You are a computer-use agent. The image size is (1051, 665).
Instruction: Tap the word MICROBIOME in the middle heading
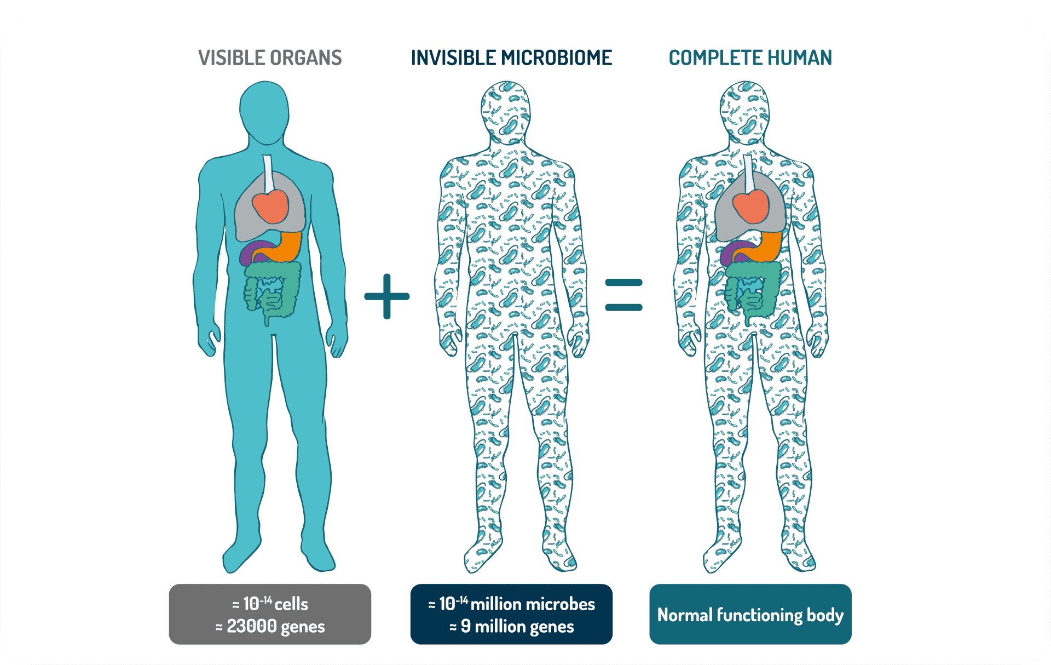tap(557, 58)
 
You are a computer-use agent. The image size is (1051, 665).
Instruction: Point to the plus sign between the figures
tap(387, 296)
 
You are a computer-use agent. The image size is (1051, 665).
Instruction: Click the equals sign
tap(623, 295)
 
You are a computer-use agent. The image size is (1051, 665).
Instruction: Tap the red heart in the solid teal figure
tap(270, 206)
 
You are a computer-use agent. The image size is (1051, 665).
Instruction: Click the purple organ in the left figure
tap(251, 253)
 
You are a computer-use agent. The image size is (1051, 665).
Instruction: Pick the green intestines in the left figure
tap(272, 290)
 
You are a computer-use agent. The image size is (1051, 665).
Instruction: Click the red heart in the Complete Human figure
tap(750, 207)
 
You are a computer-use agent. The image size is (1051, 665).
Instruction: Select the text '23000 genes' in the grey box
tap(276, 626)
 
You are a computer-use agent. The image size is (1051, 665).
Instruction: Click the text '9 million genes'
tap(517, 626)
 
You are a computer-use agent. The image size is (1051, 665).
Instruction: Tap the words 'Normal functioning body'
tap(750, 615)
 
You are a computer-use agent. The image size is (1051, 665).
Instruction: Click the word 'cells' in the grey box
tap(291, 604)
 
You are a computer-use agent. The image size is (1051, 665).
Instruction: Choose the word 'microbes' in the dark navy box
tap(559, 604)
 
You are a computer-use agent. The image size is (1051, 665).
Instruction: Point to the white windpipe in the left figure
tap(268, 173)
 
